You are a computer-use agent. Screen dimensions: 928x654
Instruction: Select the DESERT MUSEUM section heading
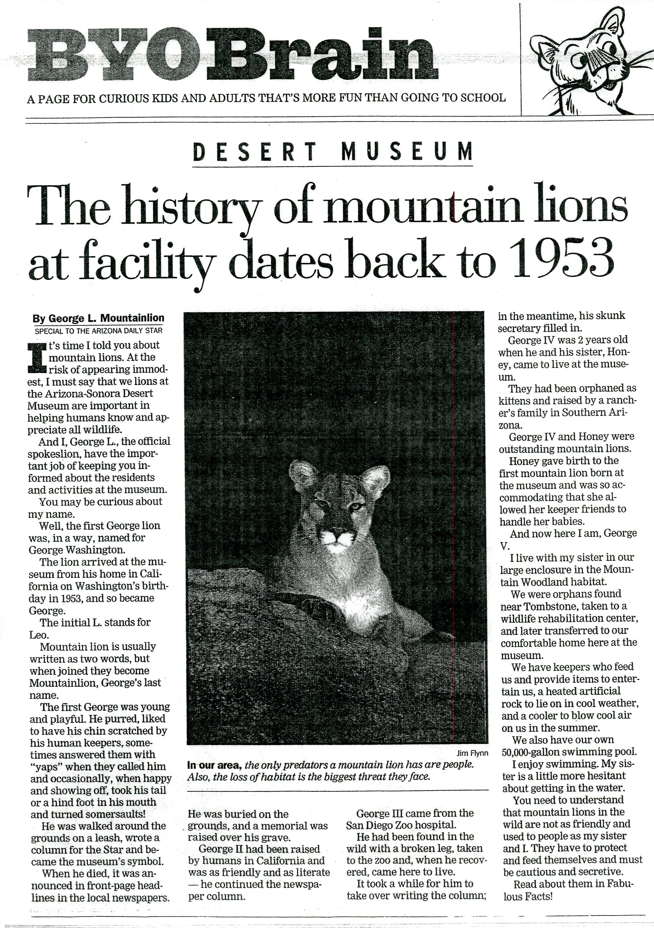[332, 152]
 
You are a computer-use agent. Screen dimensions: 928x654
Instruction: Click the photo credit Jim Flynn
[472, 753]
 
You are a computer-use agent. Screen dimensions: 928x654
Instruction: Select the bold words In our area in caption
[214, 765]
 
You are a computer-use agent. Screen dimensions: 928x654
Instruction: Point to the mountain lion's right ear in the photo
[376, 479]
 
